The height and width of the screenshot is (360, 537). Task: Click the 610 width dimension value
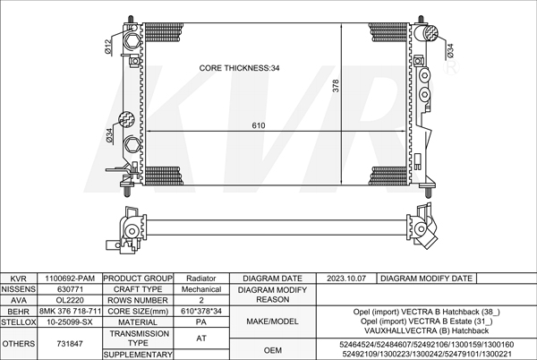(259, 125)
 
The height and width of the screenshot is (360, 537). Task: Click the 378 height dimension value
(336, 86)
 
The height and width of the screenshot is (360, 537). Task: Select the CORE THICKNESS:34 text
(239, 68)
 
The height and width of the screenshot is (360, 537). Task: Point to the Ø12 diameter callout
(108, 47)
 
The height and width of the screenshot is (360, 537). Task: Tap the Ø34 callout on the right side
(449, 50)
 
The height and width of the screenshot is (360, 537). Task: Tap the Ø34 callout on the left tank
(109, 135)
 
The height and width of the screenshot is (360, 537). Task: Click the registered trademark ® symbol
(451, 67)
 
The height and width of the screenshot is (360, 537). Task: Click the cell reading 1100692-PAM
(70, 279)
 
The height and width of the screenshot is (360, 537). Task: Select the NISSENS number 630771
(70, 289)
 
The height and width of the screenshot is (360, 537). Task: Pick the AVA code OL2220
(70, 300)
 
